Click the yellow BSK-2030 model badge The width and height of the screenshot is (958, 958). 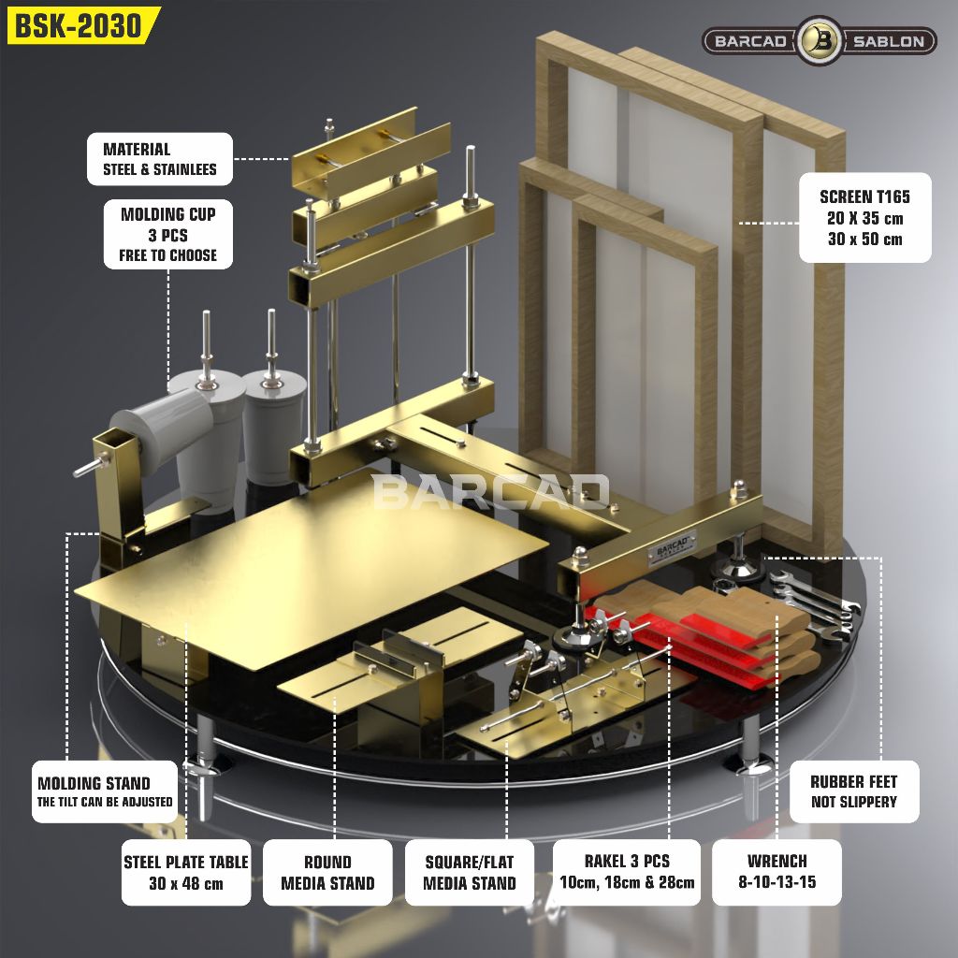[82, 25]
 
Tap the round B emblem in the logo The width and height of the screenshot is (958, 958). [819, 41]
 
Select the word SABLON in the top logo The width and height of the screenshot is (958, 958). [888, 41]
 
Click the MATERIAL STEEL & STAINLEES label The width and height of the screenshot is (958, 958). [160, 159]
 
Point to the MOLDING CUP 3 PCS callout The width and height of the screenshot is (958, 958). [168, 235]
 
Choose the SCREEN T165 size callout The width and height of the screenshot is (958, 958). [865, 217]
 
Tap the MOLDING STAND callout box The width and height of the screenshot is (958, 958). [105, 791]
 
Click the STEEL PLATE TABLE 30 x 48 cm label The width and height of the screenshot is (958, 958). [186, 873]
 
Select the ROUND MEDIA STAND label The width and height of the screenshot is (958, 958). [327, 873]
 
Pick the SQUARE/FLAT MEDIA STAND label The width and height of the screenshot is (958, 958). [470, 873]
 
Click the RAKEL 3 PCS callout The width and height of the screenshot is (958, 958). [627, 872]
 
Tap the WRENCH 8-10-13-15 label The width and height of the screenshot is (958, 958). [777, 872]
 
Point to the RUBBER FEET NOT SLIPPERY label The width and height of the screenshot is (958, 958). [854, 791]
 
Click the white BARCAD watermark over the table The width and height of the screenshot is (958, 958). [490, 492]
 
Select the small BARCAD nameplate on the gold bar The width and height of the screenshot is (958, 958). [673, 546]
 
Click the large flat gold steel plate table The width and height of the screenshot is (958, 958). [312, 568]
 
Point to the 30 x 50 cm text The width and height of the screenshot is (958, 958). [865, 239]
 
